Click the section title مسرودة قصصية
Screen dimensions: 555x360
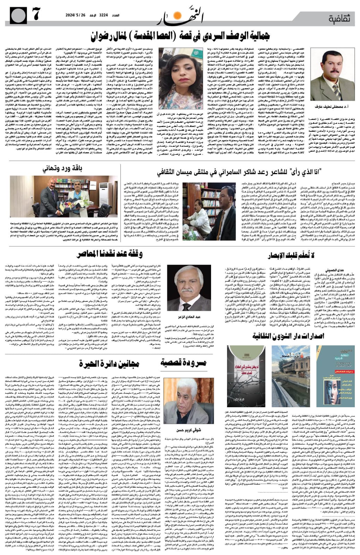184,363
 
